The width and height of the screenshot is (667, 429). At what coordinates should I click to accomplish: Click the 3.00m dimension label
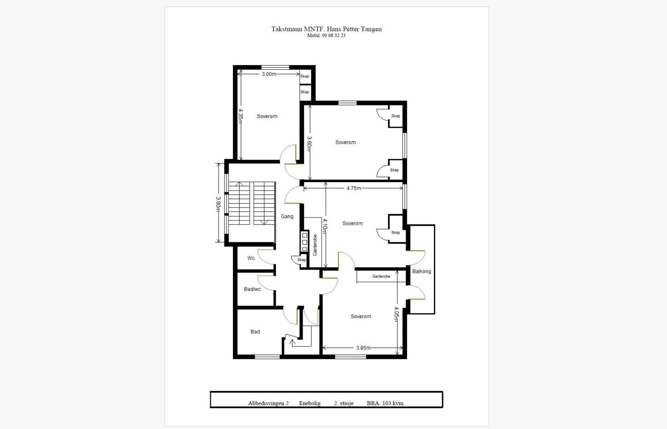click(x=269, y=74)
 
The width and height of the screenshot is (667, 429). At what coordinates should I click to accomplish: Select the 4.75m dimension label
click(x=354, y=188)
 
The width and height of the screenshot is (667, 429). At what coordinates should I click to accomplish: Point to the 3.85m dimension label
click(x=363, y=348)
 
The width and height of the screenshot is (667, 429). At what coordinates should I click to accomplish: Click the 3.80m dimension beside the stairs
click(x=218, y=204)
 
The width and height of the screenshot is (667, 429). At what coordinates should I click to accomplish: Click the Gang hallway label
click(x=287, y=216)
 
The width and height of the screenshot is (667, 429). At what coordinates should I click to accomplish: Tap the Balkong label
click(x=421, y=271)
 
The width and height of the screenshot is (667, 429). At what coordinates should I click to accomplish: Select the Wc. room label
click(x=251, y=258)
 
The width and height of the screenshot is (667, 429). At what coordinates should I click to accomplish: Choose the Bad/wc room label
click(x=252, y=289)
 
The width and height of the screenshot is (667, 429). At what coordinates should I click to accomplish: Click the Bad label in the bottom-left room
click(x=255, y=331)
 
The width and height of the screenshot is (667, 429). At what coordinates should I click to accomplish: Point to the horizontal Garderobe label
click(x=381, y=276)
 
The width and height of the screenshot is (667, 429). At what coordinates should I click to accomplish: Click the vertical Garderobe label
click(x=315, y=245)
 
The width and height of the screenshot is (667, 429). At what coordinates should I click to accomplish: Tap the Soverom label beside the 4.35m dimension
click(x=267, y=116)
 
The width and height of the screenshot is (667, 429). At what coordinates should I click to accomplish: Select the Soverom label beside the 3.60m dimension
click(x=346, y=142)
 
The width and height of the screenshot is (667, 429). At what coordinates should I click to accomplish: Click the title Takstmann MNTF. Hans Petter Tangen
click(x=326, y=29)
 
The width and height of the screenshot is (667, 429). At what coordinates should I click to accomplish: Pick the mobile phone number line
click(x=326, y=35)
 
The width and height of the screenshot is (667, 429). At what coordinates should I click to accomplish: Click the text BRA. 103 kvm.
click(x=386, y=404)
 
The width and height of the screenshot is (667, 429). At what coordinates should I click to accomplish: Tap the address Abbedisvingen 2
click(x=268, y=404)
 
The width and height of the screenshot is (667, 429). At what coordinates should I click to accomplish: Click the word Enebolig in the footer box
click(x=310, y=404)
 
